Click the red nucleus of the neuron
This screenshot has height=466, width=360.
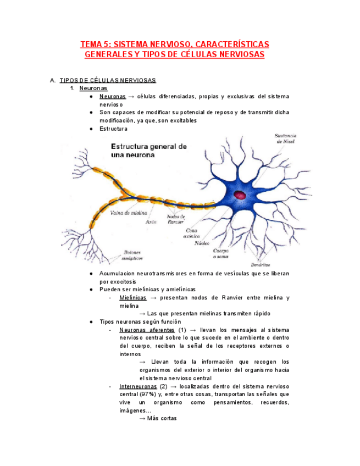tap(241, 195)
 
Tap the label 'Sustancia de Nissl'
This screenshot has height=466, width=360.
tap(285, 138)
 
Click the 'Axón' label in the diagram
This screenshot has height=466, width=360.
tap(151, 222)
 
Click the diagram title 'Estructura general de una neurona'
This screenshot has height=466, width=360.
tap(149, 151)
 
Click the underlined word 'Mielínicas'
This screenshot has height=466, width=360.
tap(132, 298)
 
